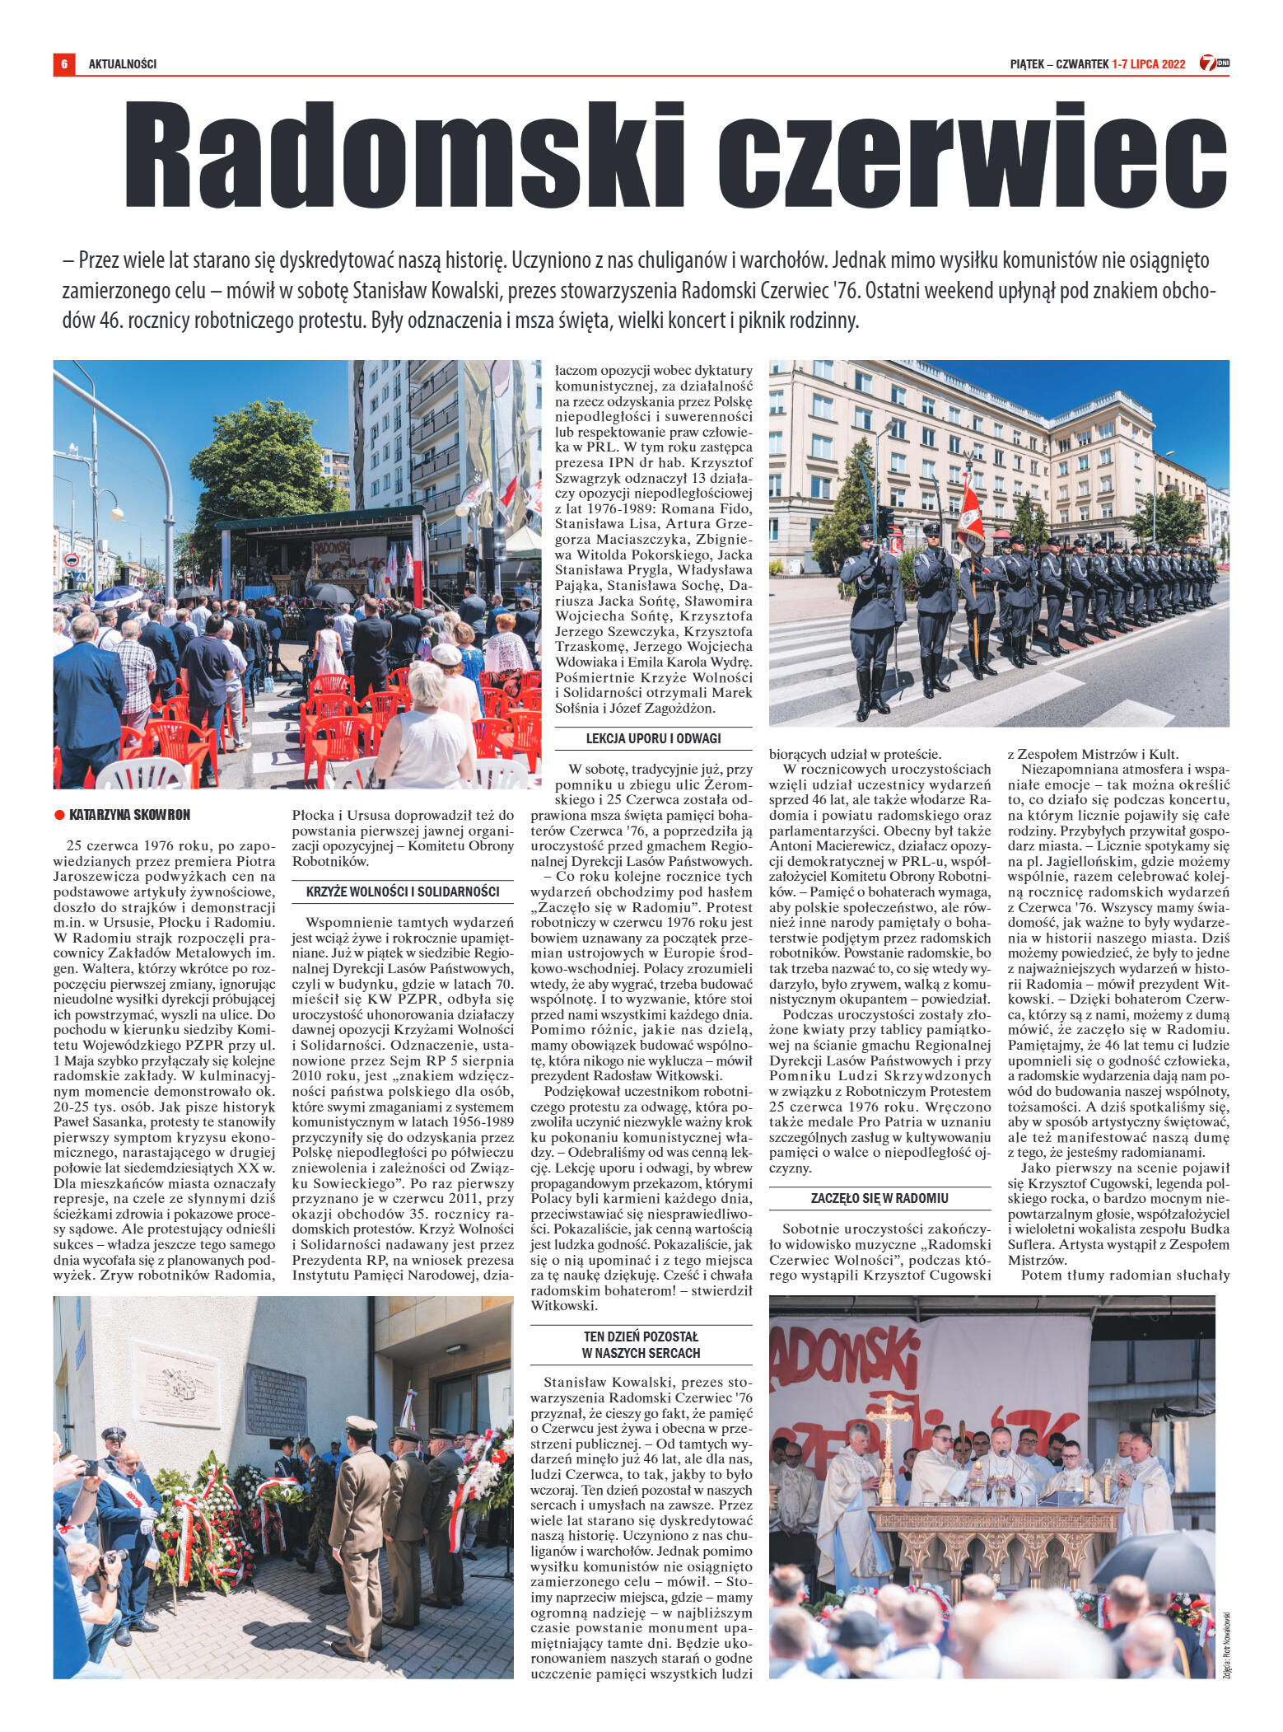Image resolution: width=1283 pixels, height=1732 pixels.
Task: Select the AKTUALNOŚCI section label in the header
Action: (x=123, y=63)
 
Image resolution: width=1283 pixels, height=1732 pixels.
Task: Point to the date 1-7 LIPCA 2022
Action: (x=1148, y=63)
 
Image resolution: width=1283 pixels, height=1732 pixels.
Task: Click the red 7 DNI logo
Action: (x=1212, y=63)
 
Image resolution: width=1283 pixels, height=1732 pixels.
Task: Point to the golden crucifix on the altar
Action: (x=890, y=1392)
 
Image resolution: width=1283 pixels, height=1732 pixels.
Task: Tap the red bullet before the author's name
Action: (x=59, y=815)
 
